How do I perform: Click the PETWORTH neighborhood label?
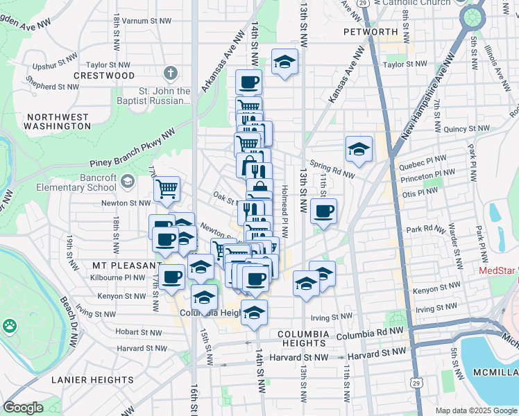point(371,32)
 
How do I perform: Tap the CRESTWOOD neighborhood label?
point(103,75)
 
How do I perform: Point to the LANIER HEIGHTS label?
point(93,380)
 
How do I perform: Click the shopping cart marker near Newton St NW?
point(167,188)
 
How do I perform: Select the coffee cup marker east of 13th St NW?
point(323,211)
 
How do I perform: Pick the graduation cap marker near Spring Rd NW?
point(359,148)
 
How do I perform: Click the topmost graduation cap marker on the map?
point(284,62)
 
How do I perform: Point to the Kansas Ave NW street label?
point(347,75)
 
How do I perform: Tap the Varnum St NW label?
point(146,21)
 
